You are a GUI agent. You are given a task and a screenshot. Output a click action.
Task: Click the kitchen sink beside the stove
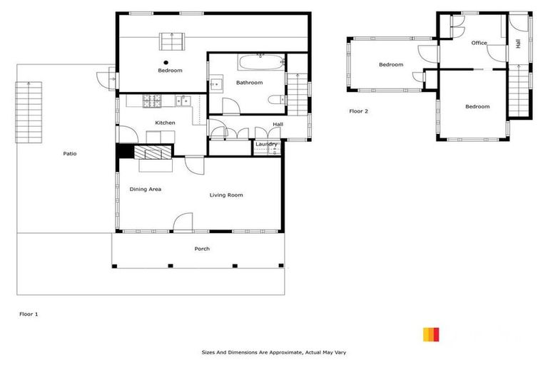point(183,101)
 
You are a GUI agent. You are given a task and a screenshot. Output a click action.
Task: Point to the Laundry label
point(267,145)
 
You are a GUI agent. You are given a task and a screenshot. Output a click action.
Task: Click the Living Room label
point(226,195)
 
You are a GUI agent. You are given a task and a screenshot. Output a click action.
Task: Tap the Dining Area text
point(145,189)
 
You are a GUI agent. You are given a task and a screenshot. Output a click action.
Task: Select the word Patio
point(69,153)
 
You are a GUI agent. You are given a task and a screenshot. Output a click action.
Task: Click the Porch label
point(202,249)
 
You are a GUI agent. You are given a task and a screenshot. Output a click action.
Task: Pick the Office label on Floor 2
point(479,43)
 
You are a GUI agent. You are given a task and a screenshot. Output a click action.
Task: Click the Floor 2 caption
point(359,111)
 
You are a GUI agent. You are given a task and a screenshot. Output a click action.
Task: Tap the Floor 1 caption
point(28,313)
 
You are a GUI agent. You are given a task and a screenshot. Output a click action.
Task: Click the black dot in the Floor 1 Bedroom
point(165,62)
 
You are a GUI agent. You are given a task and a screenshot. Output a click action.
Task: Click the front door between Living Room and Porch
point(183,222)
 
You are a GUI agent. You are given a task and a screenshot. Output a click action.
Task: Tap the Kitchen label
point(165,123)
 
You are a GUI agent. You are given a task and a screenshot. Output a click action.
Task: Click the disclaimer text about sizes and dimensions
point(274,352)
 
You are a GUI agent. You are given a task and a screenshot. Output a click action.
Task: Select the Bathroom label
point(250,83)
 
